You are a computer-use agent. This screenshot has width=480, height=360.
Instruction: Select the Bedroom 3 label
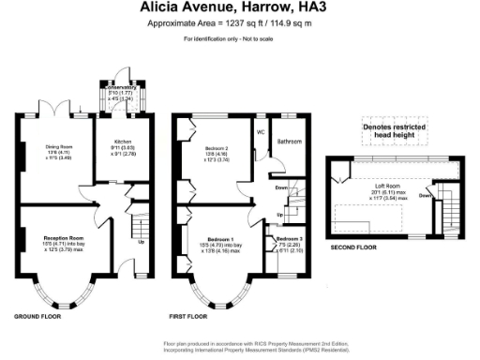tap(288, 239)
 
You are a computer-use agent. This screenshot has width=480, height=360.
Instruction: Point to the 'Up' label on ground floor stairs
tap(141, 241)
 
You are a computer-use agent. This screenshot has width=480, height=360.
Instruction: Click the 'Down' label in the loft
tap(425, 196)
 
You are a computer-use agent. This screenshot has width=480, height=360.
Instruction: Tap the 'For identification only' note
tap(239, 38)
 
